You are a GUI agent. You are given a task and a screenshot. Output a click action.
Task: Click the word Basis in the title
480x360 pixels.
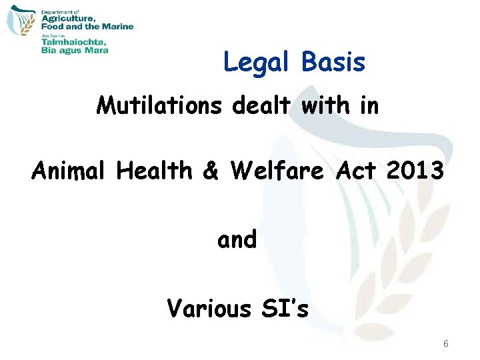coord(333,62)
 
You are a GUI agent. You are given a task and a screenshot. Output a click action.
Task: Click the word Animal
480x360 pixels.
coord(70,171)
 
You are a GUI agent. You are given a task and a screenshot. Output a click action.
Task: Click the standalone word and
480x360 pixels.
coord(237,239)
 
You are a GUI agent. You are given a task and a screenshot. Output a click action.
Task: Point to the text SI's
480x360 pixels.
coord(284,308)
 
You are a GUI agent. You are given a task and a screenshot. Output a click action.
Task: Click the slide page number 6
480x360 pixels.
coord(446,344)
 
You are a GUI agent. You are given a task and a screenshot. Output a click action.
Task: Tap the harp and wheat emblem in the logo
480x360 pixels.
coord(20,27)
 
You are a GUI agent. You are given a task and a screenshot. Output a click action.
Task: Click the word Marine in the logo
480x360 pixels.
coord(118,27)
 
